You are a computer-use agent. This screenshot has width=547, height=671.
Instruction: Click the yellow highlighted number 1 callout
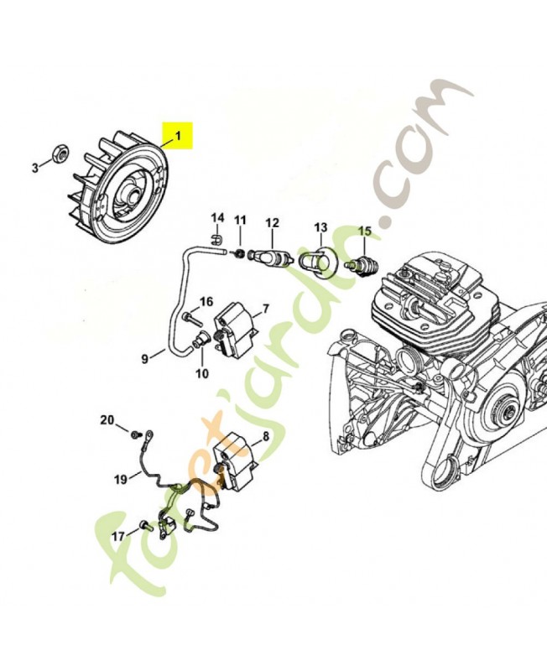pyautogui.click(x=177, y=135)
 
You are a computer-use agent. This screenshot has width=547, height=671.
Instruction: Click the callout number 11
pyautogui.click(x=240, y=221)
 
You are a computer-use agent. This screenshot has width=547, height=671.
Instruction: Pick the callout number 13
pyautogui.click(x=320, y=227)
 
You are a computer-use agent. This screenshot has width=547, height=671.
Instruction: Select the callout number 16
pyautogui.click(x=206, y=302)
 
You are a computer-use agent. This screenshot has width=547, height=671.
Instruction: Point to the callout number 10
pyautogui.click(x=201, y=374)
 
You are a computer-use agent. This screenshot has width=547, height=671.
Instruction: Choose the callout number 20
pyautogui.click(x=107, y=419)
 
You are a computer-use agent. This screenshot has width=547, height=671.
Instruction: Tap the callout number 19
pyautogui.click(x=121, y=480)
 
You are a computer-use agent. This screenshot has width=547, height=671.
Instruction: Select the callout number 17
pyautogui.click(x=118, y=535)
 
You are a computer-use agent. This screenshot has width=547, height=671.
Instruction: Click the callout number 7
pyautogui.click(x=265, y=309)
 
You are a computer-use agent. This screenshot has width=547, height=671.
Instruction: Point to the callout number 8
pyautogui.click(x=265, y=436)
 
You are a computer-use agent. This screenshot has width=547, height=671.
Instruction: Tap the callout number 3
pyautogui.click(x=35, y=168)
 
